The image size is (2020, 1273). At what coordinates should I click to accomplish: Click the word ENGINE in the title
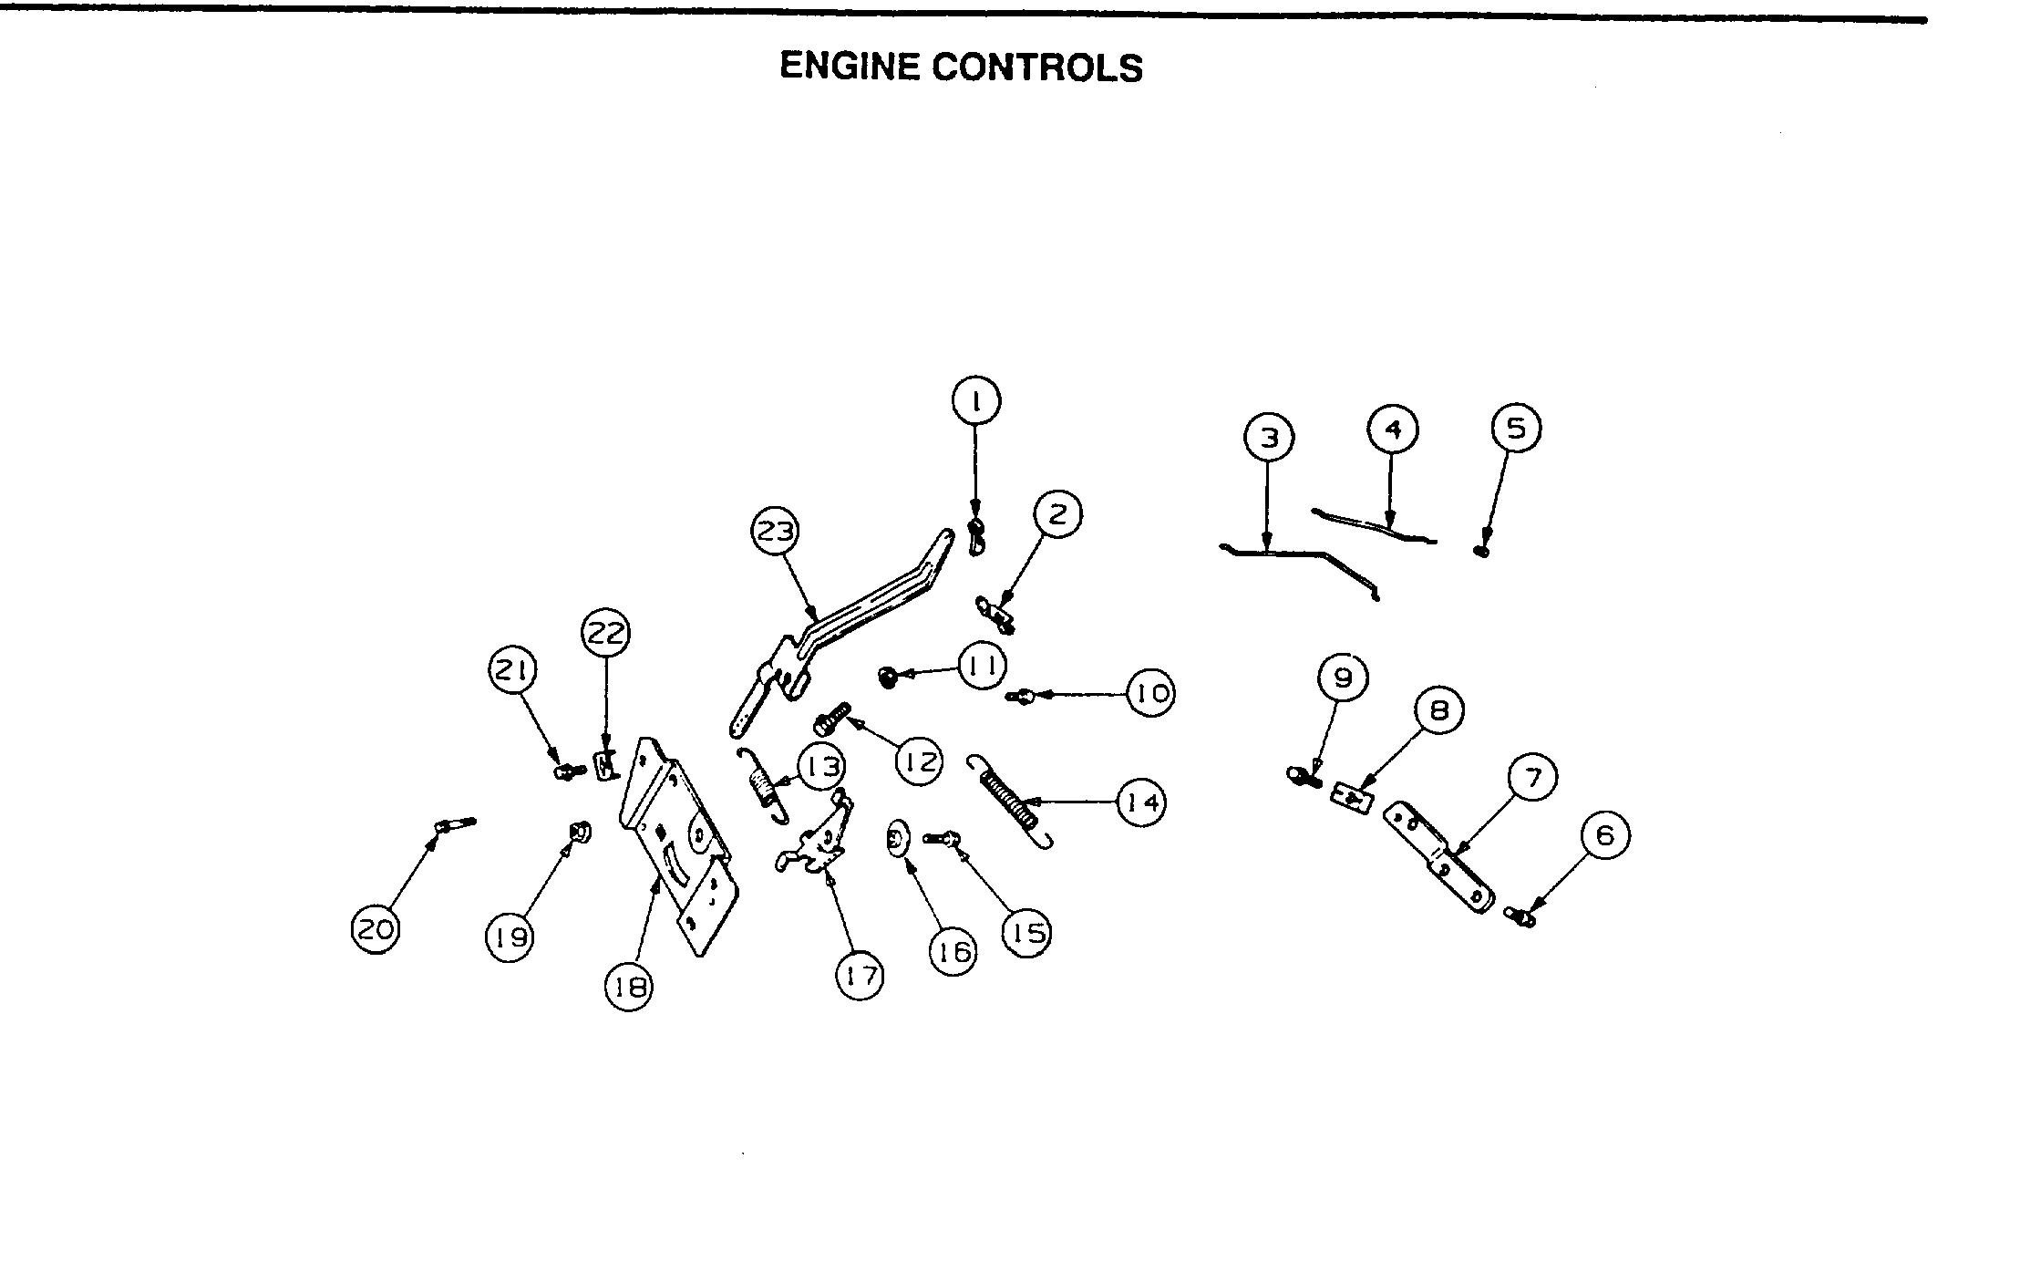point(849,67)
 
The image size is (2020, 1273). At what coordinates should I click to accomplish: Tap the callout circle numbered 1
point(975,400)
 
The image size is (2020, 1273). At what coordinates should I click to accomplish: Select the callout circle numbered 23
point(775,531)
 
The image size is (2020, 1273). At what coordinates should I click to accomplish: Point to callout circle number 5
point(1516,428)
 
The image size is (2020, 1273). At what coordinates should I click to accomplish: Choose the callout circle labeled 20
point(375,929)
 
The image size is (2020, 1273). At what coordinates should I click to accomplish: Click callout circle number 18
point(629,986)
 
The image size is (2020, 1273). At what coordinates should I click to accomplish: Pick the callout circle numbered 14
point(1141,802)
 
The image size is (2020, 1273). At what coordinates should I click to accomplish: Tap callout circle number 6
point(1605,835)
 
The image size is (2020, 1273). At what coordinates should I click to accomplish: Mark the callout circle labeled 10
point(1151,694)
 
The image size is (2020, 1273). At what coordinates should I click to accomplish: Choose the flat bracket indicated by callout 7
point(1440,857)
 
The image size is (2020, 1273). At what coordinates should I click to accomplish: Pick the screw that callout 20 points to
point(455,824)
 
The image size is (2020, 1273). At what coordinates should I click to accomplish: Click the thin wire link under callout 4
point(1372,526)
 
